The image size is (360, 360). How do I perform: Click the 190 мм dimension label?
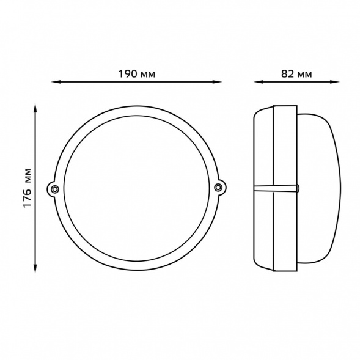tap(137, 74)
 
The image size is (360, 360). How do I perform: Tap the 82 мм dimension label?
tap(296, 74)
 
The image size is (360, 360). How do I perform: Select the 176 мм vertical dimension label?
tap(27, 188)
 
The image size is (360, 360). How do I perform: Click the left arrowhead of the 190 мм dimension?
tap(56, 82)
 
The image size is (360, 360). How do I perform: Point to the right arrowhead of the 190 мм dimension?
tap(217, 82)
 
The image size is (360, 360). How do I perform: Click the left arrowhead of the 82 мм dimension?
tap(259, 82)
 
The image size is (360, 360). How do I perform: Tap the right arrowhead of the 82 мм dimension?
tap(334, 82)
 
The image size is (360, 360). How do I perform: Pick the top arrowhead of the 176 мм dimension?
tap(35, 108)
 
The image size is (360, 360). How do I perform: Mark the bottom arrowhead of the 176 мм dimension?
tap(35, 269)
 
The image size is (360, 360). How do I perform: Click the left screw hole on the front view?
tap(54, 189)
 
